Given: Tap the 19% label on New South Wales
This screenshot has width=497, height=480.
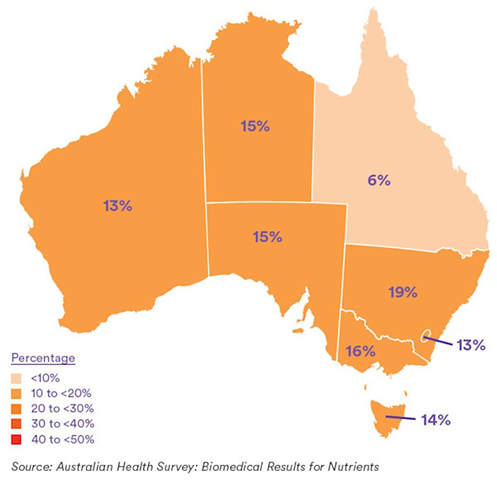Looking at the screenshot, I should point(402,291).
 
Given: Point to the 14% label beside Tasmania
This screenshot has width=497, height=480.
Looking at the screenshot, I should point(434,419).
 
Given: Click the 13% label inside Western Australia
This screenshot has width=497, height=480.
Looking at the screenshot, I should point(117,206).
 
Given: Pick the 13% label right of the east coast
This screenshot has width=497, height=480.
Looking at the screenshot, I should point(468,344).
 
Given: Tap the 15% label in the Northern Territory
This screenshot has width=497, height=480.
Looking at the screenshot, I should point(255,127).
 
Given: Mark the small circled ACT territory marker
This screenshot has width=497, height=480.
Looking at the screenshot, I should point(426,336).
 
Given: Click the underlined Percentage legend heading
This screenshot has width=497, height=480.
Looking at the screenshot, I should point(43,358).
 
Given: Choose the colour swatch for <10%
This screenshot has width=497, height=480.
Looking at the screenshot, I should point(17,377).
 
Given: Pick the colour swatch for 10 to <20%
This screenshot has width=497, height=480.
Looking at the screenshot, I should point(17,393).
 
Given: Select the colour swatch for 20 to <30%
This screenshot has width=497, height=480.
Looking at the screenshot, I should point(17,408).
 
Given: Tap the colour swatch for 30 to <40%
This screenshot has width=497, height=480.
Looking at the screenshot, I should point(17,424).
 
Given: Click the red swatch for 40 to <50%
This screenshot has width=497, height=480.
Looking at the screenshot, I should point(17,439).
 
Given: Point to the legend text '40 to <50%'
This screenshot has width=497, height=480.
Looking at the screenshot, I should point(64,439).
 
